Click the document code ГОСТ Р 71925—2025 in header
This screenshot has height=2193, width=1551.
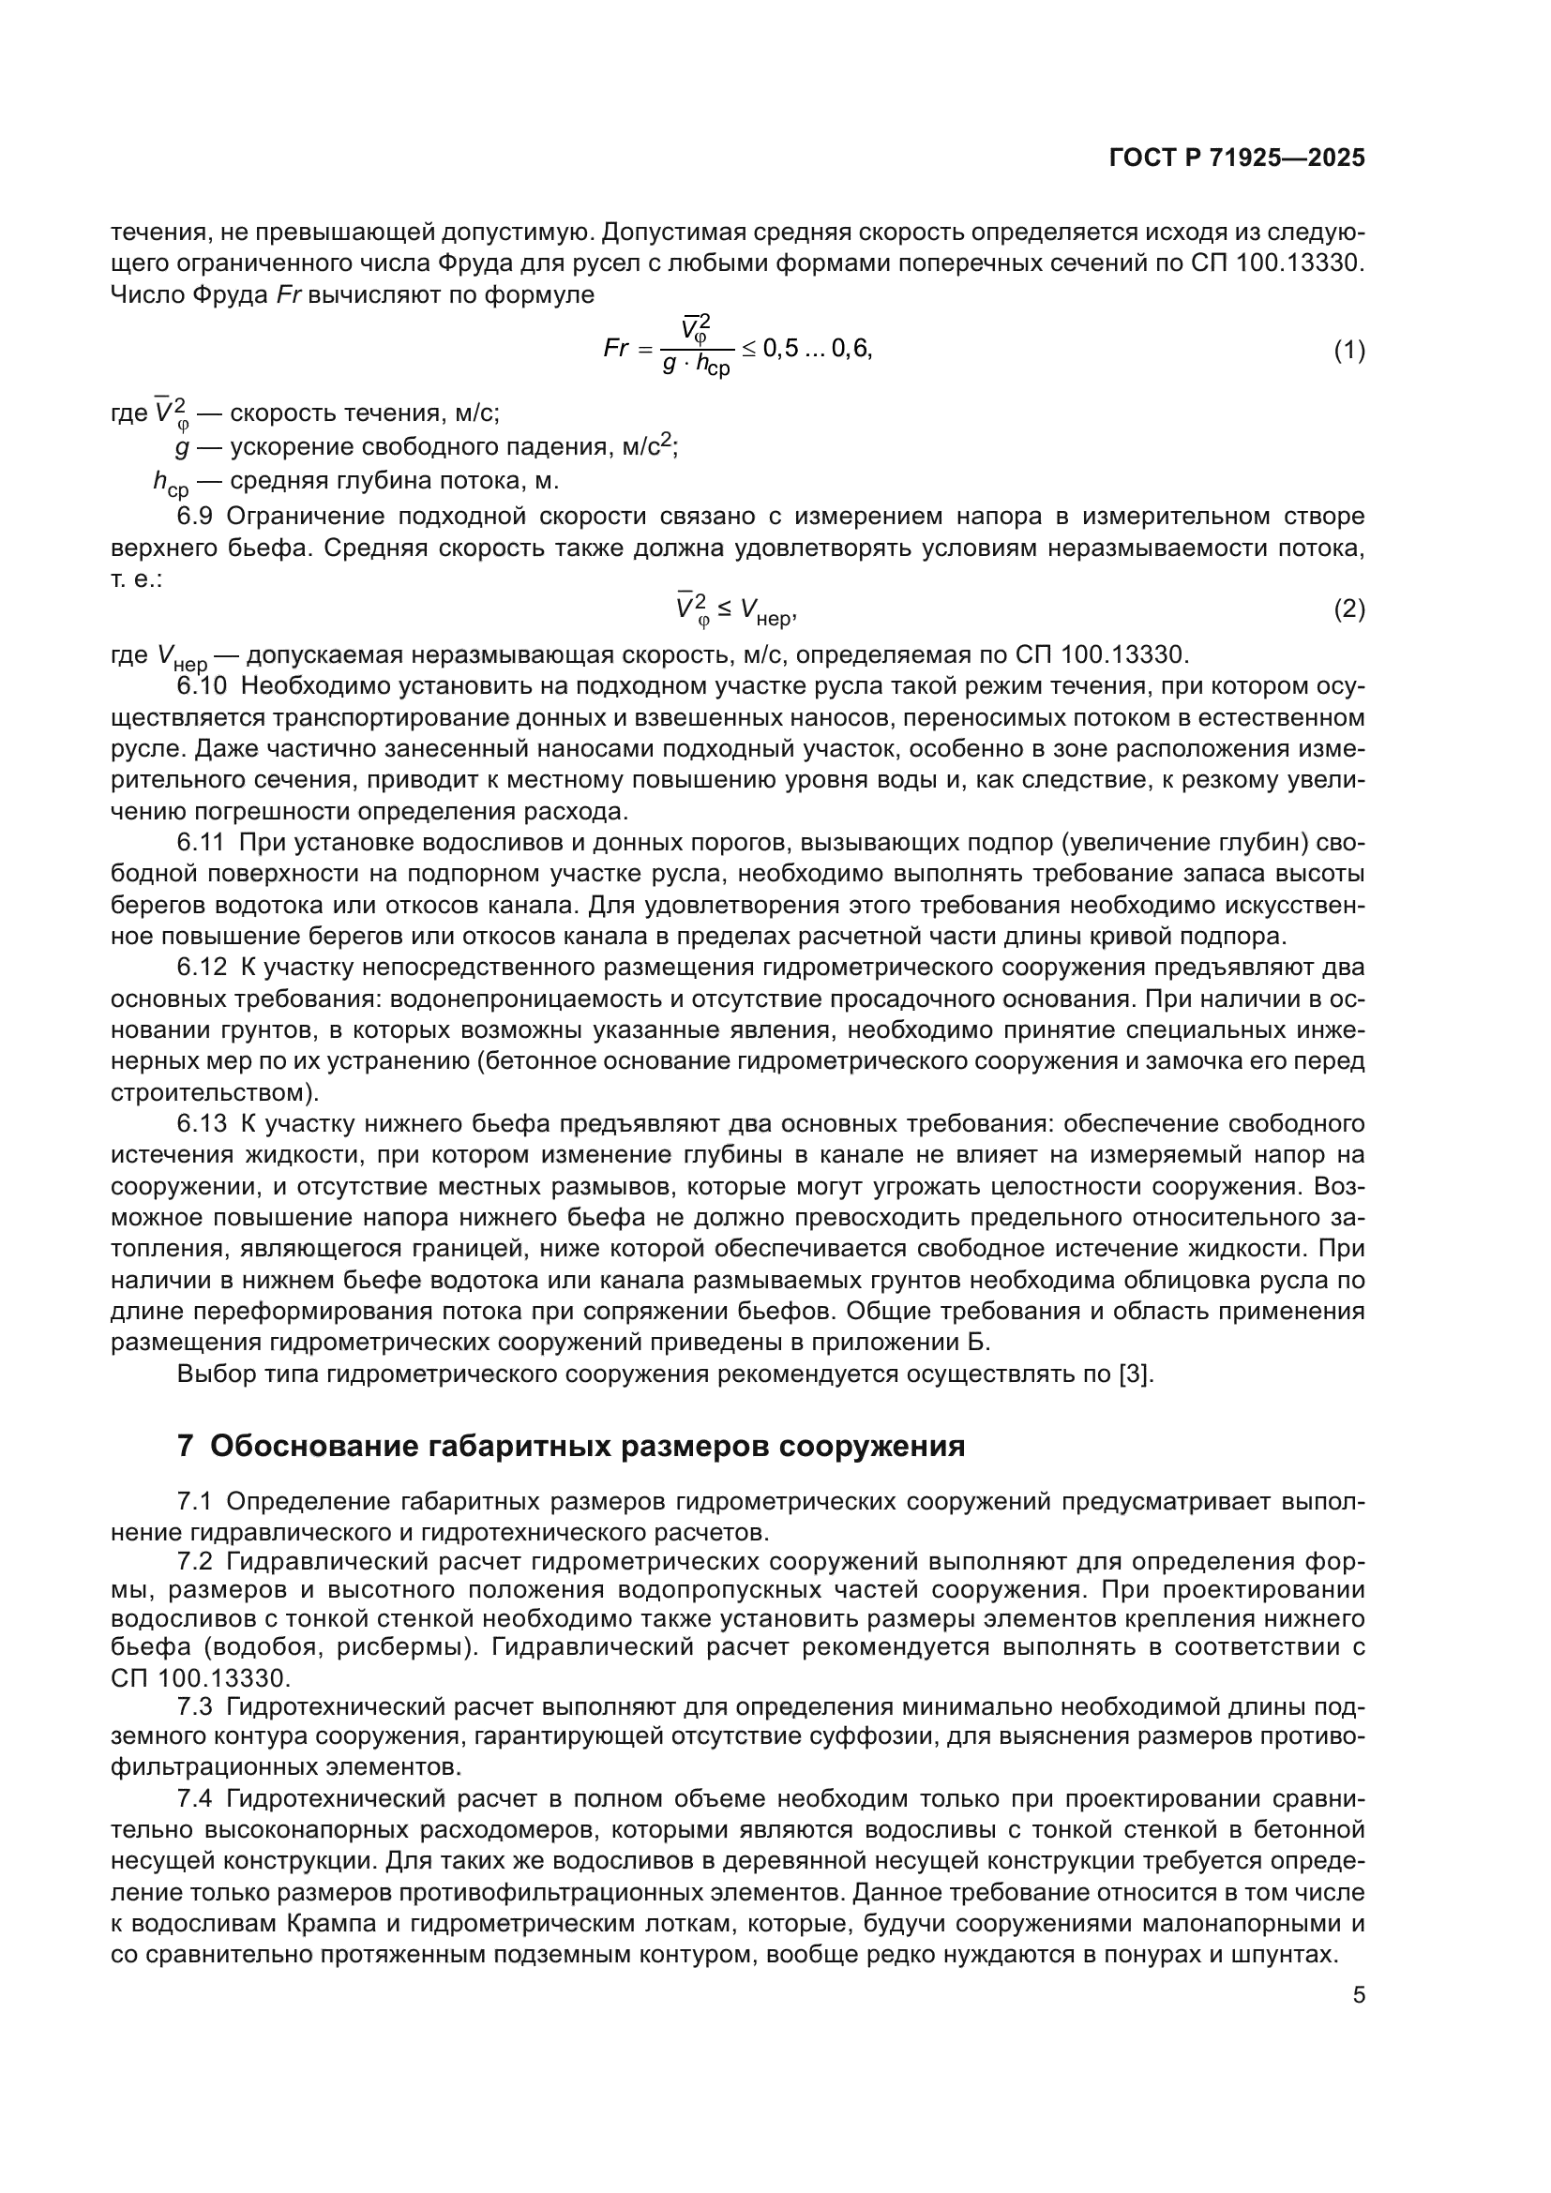1237,158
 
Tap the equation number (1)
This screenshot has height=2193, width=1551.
1348,351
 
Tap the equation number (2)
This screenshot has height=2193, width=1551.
1348,608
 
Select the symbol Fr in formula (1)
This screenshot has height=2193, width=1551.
616,349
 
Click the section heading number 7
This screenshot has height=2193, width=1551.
186,1446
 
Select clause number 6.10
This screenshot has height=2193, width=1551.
203,685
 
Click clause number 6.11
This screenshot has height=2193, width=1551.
202,843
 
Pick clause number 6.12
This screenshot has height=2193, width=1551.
202,968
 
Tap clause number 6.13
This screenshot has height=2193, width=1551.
202,1123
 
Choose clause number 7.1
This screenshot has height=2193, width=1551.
195,1501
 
